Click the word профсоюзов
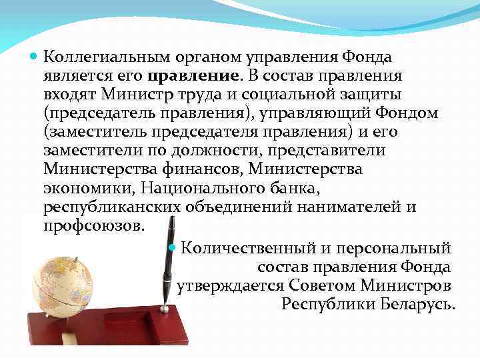[93, 225]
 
